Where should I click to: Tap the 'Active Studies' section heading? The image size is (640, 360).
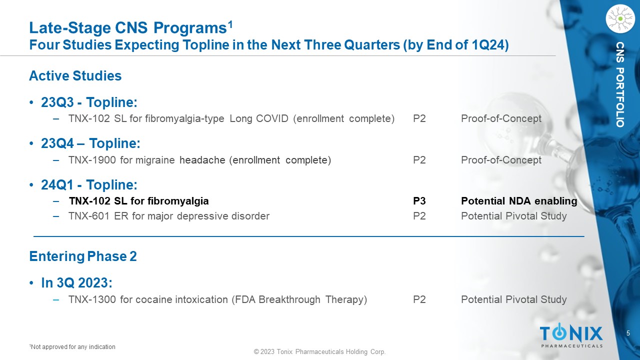point(75,76)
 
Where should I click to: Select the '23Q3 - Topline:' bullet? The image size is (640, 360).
point(89,102)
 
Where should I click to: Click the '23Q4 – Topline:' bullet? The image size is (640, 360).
point(90,143)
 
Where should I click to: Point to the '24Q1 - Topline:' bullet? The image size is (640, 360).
point(89,185)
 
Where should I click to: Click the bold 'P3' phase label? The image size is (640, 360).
point(419,201)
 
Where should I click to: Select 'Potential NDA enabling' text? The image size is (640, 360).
point(519,201)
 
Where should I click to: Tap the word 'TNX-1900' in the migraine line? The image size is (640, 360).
point(92,160)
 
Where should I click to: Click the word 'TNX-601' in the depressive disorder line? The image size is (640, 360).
point(89,216)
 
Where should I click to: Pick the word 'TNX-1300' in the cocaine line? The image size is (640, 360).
point(92,299)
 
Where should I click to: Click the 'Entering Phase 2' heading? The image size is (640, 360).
point(83,256)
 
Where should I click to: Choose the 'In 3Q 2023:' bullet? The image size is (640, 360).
point(76,283)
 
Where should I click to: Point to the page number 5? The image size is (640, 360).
point(628,333)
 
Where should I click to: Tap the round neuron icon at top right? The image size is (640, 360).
point(620,19)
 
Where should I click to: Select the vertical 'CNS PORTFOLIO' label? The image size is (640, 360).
point(620,84)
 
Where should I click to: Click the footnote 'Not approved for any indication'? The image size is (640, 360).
point(72,347)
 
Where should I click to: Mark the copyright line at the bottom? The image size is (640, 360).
point(319,351)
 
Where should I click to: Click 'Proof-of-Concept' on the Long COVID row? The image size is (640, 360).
point(501,118)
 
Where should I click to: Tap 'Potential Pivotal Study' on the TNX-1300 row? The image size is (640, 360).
point(514,299)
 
